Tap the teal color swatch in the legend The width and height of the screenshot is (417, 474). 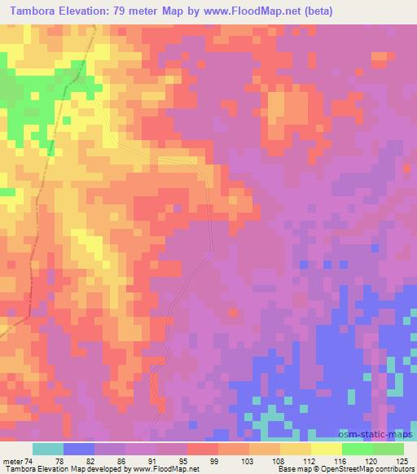point(47,449)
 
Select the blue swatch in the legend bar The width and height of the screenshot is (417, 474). point(78,449)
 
